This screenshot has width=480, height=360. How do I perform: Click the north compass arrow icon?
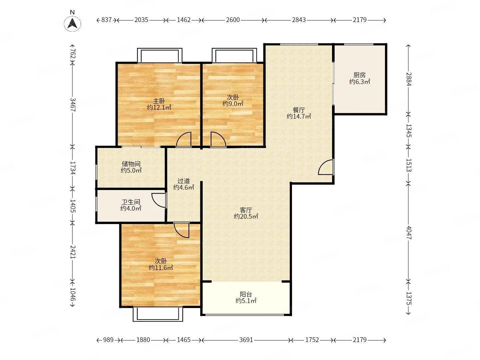point(72,23)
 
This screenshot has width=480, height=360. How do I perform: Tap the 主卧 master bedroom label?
point(159,101)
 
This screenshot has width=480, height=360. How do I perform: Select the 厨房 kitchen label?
point(360,75)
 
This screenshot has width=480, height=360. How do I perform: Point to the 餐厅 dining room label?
point(299,110)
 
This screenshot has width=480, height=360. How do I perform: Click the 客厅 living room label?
point(246,210)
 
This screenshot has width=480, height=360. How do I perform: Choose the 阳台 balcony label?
point(246,294)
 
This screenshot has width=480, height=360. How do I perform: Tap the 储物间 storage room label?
point(131,164)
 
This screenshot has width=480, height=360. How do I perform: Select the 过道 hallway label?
point(183,181)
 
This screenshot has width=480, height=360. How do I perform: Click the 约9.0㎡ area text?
point(233,104)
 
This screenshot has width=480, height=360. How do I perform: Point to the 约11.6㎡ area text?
point(161,268)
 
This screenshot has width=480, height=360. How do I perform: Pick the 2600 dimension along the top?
point(233,20)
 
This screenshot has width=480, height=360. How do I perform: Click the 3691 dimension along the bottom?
point(246,340)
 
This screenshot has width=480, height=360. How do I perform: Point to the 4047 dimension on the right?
point(409,233)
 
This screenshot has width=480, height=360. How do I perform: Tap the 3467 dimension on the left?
point(73,105)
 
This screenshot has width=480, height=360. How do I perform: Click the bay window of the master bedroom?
point(160,56)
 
